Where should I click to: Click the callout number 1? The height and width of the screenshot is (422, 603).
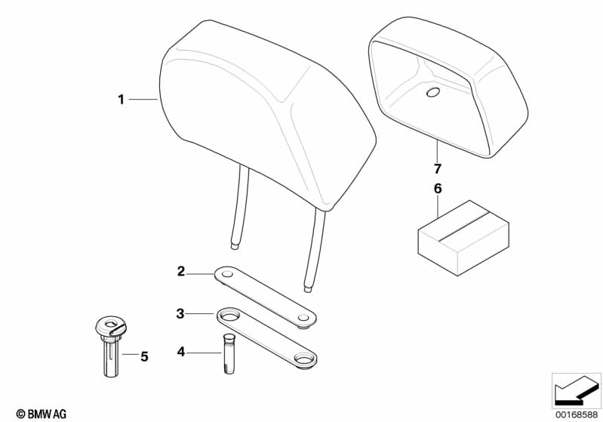pyautogui.click(x=122, y=100)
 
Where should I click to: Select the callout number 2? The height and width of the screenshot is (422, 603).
pyautogui.click(x=181, y=272)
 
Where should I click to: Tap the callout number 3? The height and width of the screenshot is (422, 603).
pyautogui.click(x=180, y=313)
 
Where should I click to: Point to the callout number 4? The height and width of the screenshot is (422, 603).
pyautogui.click(x=181, y=351)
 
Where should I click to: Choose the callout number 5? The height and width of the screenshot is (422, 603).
pyautogui.click(x=144, y=356)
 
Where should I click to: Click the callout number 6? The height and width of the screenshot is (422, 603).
pyautogui.click(x=438, y=189)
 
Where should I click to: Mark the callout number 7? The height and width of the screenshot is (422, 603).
pyautogui.click(x=437, y=168)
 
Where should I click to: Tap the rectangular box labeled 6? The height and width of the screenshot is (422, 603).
pyautogui.click(x=463, y=238)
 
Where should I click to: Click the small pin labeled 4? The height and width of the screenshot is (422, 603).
pyautogui.click(x=229, y=353)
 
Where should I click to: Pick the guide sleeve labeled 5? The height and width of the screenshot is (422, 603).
pyautogui.click(x=112, y=347)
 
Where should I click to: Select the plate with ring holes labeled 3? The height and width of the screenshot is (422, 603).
pyautogui.click(x=266, y=338)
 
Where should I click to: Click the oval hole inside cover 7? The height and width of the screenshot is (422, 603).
pyautogui.click(x=434, y=92)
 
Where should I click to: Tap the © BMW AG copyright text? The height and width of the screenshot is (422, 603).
pyautogui.click(x=42, y=414)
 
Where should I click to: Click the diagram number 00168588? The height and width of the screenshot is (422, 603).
pyautogui.click(x=577, y=415)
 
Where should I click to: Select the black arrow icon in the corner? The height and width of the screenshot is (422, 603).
pyautogui.click(x=576, y=390)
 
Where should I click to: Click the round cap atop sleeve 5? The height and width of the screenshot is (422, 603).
pyautogui.click(x=111, y=326)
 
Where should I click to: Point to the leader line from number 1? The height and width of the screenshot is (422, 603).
pyautogui.click(x=143, y=100)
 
